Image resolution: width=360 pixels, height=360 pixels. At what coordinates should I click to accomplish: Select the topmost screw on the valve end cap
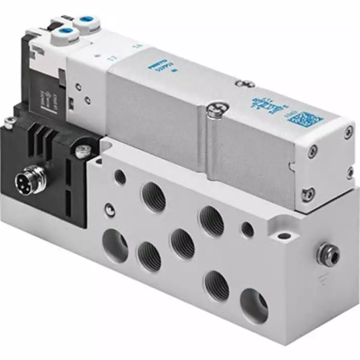[312, 151]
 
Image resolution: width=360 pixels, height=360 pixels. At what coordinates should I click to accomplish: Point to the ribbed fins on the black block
[42, 137]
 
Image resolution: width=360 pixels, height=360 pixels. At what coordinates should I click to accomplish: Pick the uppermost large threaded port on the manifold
[154, 196]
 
